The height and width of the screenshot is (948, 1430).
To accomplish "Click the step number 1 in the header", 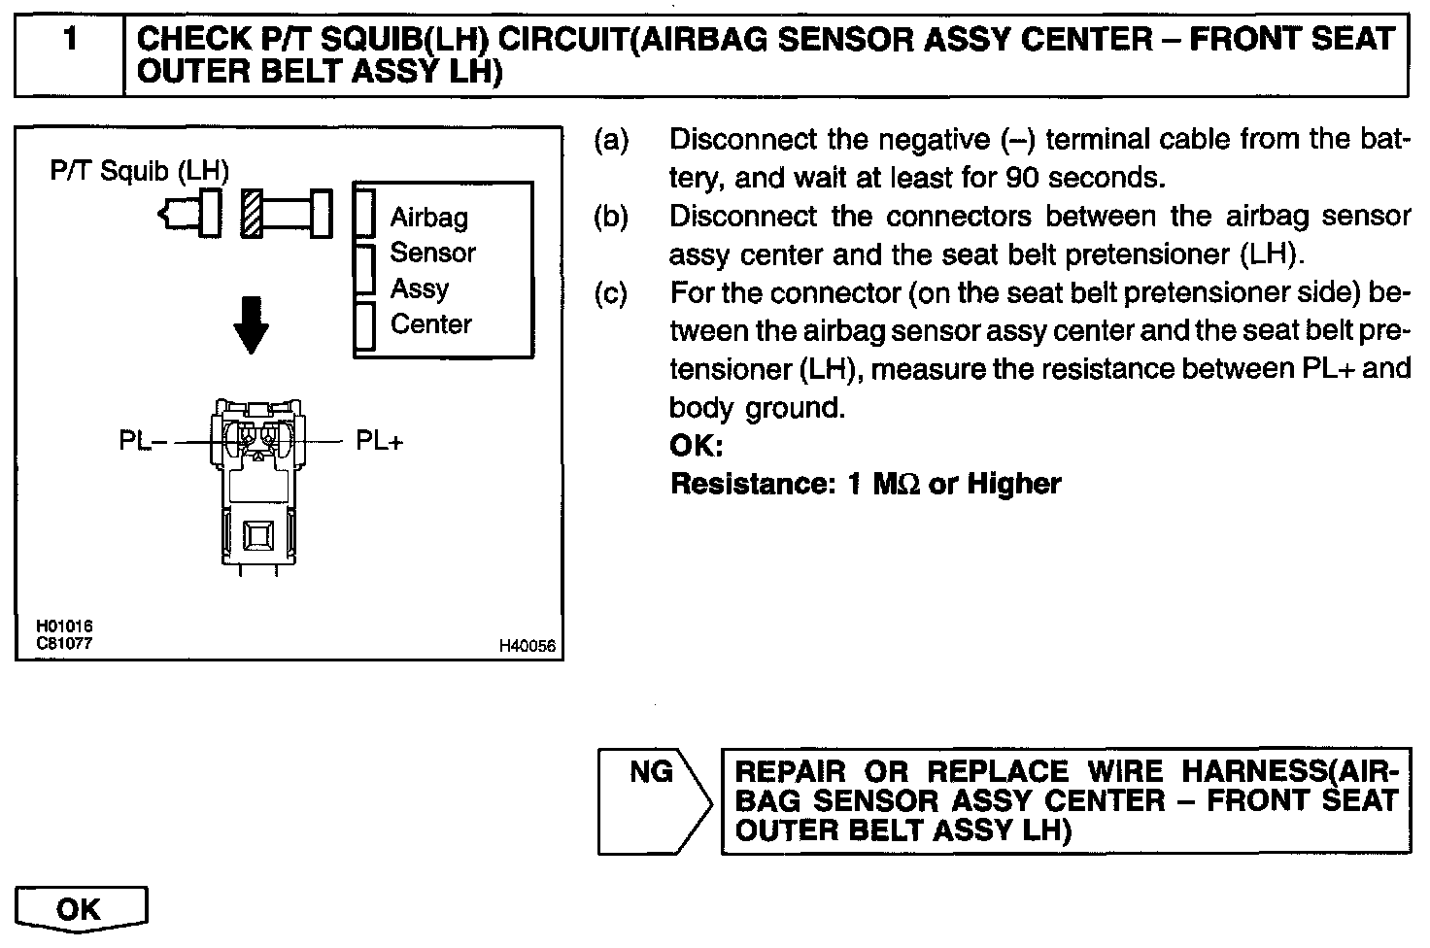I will (x=69, y=41).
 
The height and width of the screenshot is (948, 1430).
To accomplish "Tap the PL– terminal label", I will (x=143, y=441).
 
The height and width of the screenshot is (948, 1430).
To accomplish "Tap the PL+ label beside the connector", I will (x=379, y=441).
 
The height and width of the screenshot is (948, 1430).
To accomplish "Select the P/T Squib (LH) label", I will (x=140, y=171).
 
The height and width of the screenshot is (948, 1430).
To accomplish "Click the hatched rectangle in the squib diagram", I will (x=253, y=212).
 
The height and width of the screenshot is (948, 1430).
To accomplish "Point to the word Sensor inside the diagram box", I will (x=432, y=253).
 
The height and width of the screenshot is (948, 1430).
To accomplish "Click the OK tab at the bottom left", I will (x=80, y=909).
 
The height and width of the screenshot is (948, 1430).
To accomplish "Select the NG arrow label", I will (x=651, y=772).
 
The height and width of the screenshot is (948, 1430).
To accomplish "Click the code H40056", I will (x=528, y=646).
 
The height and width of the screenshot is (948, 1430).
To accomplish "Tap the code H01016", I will (x=64, y=627).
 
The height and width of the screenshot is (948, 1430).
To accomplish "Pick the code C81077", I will (x=64, y=643).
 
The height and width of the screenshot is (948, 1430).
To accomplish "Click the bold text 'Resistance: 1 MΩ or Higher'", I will (x=866, y=484).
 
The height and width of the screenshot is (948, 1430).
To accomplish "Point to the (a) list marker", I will (x=611, y=140).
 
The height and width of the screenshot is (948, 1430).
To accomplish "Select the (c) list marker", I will (x=611, y=292).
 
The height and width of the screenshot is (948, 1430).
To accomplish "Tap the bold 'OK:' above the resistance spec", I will (x=697, y=446).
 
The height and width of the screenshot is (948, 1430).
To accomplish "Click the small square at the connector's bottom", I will (x=258, y=535).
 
